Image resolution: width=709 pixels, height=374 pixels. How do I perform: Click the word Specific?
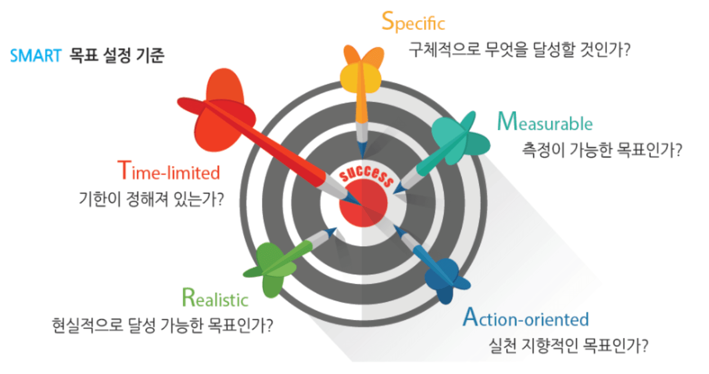pos(414,22)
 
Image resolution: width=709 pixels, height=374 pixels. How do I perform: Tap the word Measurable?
pos(545,121)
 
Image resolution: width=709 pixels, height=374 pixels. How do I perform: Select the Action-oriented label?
pos(526,317)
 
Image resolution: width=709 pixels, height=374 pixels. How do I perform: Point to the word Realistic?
pos(215,298)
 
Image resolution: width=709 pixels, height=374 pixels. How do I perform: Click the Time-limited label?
pos(169,170)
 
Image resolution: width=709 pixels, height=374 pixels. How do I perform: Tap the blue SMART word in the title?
pos(36,56)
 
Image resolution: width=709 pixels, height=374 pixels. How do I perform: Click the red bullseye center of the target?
pos(364,203)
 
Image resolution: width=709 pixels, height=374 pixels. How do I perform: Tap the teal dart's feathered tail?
pos(461,138)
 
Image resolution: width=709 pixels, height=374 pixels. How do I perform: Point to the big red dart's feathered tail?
pos(218,109)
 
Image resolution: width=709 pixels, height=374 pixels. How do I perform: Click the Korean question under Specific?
pos(519,50)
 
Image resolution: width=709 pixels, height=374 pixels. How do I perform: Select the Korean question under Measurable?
pos(602,150)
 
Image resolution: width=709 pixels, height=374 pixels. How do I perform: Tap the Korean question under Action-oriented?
pos(568,345)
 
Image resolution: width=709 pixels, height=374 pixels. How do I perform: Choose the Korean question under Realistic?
pos(162,325)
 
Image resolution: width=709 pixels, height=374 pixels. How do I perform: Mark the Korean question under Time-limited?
pos(151,199)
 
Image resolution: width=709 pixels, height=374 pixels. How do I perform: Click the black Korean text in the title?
pos(117,56)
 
